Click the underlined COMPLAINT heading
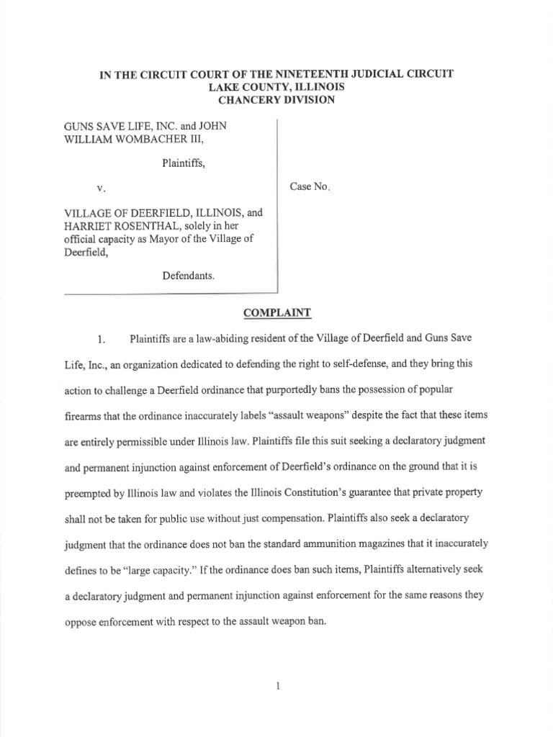pyautogui.click(x=276, y=313)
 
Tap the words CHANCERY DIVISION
pyautogui.click(x=276, y=100)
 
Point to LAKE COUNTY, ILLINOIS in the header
pyautogui.click(x=276, y=87)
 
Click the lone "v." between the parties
pyautogui.click(x=101, y=188)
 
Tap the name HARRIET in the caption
pyautogui.click(x=89, y=225)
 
